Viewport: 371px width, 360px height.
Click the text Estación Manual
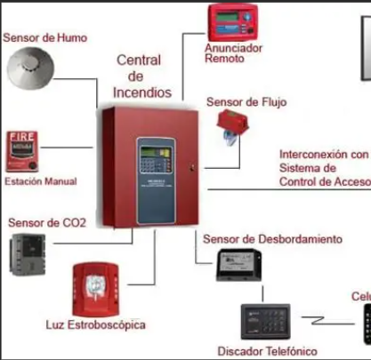(x=41, y=181)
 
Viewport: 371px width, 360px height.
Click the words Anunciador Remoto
(x=233, y=54)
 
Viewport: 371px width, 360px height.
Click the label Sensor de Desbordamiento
(x=272, y=239)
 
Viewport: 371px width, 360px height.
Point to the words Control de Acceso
(x=323, y=181)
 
